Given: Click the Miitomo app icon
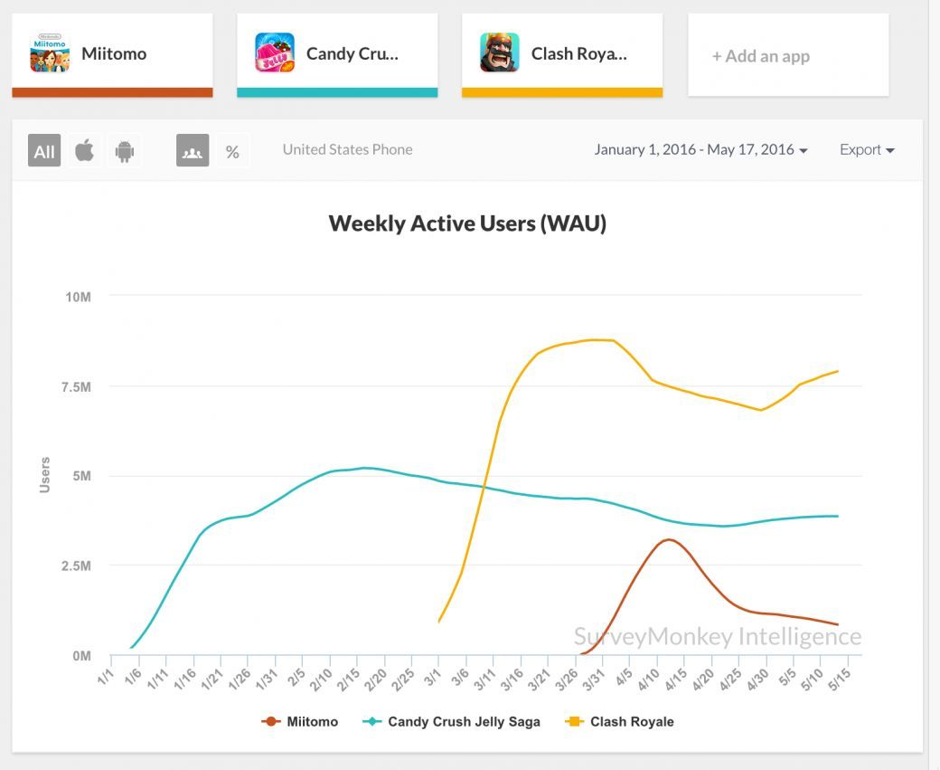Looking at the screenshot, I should pos(50,53).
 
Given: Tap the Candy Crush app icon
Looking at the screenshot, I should pos(275,53).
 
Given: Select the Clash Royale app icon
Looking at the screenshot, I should pos(500,53).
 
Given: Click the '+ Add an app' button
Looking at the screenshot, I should pos(787,56).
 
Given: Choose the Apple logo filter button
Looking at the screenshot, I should pos(84,151).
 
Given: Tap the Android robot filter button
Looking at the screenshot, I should pos(125,151).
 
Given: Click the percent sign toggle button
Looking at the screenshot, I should pos(232,151).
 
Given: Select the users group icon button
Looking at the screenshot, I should pos(193,151).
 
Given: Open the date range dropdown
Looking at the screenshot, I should pos(700,150).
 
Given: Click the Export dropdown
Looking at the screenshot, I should pos(867,150).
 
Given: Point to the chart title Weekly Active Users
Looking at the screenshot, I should pos(467,223).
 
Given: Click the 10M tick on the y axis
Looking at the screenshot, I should pos(77,297).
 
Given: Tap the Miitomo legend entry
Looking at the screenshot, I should pos(300,722).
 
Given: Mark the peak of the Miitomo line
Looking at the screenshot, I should pos(668,540).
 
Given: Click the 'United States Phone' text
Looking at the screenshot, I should pos(347,150).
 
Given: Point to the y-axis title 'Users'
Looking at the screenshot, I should pos(45,475).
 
